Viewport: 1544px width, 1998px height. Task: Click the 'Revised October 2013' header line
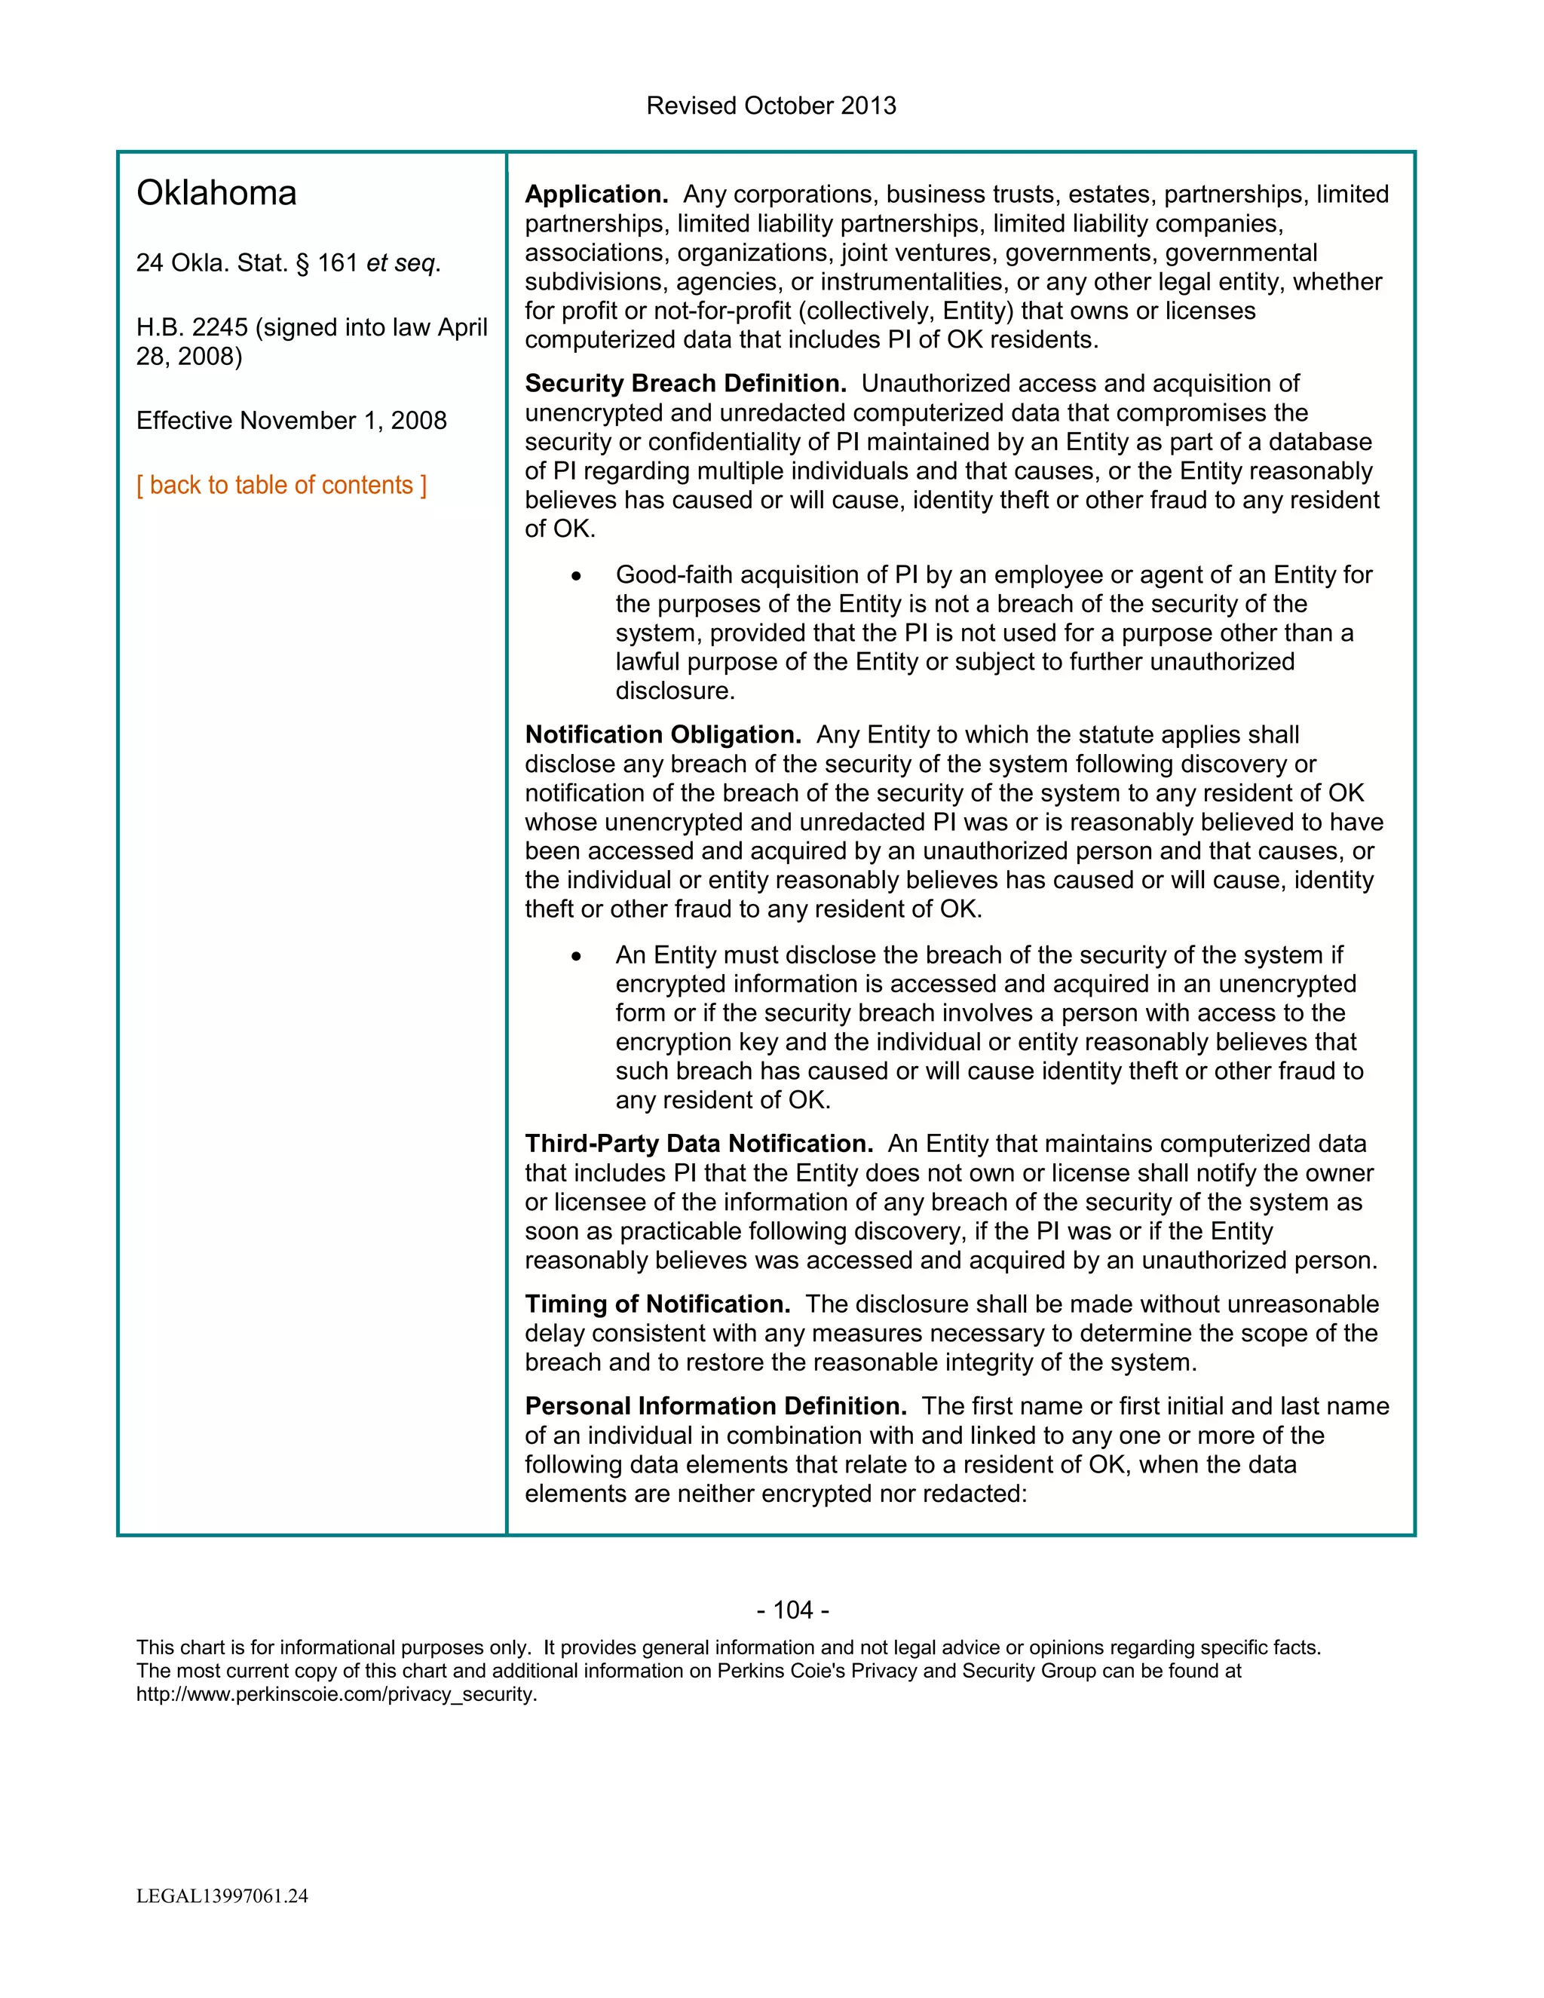pyautogui.click(x=771, y=106)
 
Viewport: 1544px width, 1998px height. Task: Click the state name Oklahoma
pyautogui.click(x=217, y=194)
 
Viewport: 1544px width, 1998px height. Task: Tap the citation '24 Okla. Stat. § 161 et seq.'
pyautogui.click(x=288, y=263)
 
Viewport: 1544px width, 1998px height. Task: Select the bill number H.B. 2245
pyautogui.click(x=192, y=327)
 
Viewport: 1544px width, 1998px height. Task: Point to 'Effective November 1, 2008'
pyautogui.click(x=291, y=421)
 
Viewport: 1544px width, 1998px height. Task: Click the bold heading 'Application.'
pyautogui.click(x=596, y=195)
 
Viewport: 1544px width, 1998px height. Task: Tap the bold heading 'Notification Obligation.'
pyautogui.click(x=662, y=736)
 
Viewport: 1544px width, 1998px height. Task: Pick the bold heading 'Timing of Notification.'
pyautogui.click(x=657, y=1304)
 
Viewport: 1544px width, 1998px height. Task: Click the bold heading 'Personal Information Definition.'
pyautogui.click(x=715, y=1406)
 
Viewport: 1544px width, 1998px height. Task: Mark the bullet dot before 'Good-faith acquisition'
pyautogui.click(x=576, y=576)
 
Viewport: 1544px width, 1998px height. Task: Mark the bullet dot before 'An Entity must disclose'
pyautogui.click(x=576, y=957)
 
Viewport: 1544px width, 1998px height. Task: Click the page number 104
pyautogui.click(x=792, y=1610)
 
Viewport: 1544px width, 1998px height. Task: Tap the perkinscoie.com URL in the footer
pyautogui.click(x=335, y=1694)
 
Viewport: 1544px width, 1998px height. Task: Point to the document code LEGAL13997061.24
pyautogui.click(x=222, y=1895)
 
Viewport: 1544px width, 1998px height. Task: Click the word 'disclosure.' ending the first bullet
pyautogui.click(x=675, y=691)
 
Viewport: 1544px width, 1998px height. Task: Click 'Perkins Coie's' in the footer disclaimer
pyautogui.click(x=780, y=1672)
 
